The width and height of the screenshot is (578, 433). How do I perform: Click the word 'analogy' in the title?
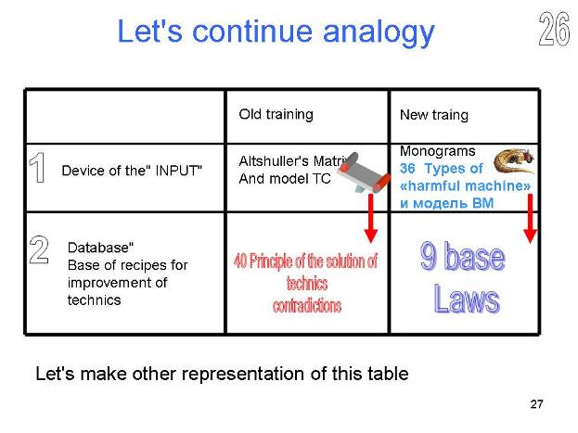(379, 32)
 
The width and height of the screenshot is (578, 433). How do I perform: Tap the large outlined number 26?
(554, 29)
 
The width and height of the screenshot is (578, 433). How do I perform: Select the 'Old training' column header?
(276, 114)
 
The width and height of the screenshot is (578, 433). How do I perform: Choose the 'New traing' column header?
(434, 115)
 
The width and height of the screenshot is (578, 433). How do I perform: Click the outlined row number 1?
(37, 168)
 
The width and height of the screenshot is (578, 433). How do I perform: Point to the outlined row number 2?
(39, 249)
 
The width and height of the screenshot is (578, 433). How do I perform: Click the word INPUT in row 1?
(179, 171)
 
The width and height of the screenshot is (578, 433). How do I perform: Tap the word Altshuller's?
(274, 161)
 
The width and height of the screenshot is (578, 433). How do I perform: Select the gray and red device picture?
(364, 172)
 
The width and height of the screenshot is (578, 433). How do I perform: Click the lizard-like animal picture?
(514, 160)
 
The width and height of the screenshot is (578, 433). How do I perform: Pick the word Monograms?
(438, 151)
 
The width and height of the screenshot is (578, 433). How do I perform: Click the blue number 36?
(407, 169)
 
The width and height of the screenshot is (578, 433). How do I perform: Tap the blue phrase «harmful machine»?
(465, 185)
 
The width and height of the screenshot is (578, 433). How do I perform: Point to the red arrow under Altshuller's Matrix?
(371, 218)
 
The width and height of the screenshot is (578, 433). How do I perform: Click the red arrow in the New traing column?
(530, 219)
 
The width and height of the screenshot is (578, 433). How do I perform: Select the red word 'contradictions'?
(307, 306)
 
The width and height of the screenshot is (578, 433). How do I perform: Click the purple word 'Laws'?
(467, 299)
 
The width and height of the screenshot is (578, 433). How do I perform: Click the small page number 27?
(536, 404)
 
